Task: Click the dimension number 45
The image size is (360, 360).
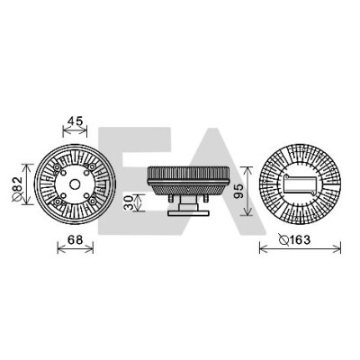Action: point(75,121)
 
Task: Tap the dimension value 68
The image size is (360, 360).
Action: point(75,239)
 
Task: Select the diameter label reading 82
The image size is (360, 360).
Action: point(18,184)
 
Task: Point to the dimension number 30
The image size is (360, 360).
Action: point(128,202)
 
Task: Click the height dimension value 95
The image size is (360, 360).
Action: point(238,191)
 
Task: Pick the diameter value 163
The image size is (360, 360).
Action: point(299,239)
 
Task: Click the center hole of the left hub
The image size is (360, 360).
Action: point(75,184)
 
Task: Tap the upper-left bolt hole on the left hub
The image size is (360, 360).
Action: point(63,173)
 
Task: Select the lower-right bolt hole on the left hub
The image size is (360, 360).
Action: point(86,195)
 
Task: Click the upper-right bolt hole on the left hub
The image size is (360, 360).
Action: point(86,173)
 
